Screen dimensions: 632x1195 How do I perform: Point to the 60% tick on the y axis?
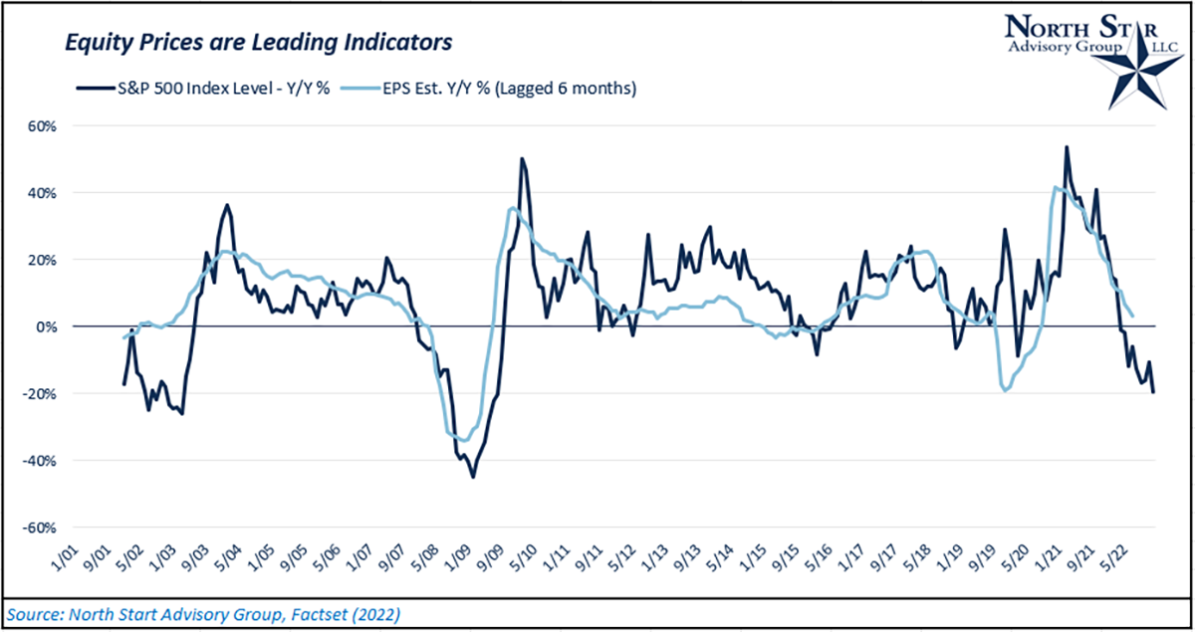[x=44, y=126]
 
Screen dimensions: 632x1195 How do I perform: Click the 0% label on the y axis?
[x=48, y=326]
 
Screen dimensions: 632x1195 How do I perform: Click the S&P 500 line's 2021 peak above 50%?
[x=1067, y=147]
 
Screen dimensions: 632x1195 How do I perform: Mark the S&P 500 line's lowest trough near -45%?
[x=473, y=477]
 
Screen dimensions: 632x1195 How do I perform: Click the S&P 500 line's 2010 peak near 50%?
[x=523, y=158]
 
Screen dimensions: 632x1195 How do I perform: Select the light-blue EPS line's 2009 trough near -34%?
[x=463, y=440]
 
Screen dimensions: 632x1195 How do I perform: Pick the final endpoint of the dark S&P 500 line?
[x=1154, y=392]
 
